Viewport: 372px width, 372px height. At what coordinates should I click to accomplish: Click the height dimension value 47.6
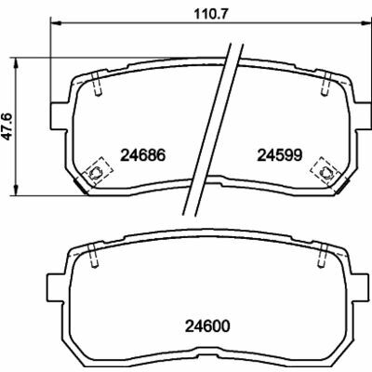click(x=7, y=126)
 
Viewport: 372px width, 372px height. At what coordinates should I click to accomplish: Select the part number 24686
click(x=143, y=155)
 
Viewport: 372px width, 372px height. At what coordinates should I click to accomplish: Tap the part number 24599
click(x=279, y=155)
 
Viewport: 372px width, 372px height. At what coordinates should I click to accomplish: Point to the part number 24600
click(x=207, y=325)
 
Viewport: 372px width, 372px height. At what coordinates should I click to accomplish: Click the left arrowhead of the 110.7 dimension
click(x=55, y=22)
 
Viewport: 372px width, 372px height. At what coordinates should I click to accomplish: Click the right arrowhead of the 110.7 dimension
click(x=366, y=22)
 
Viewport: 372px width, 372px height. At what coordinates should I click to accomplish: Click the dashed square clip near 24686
click(x=96, y=171)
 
